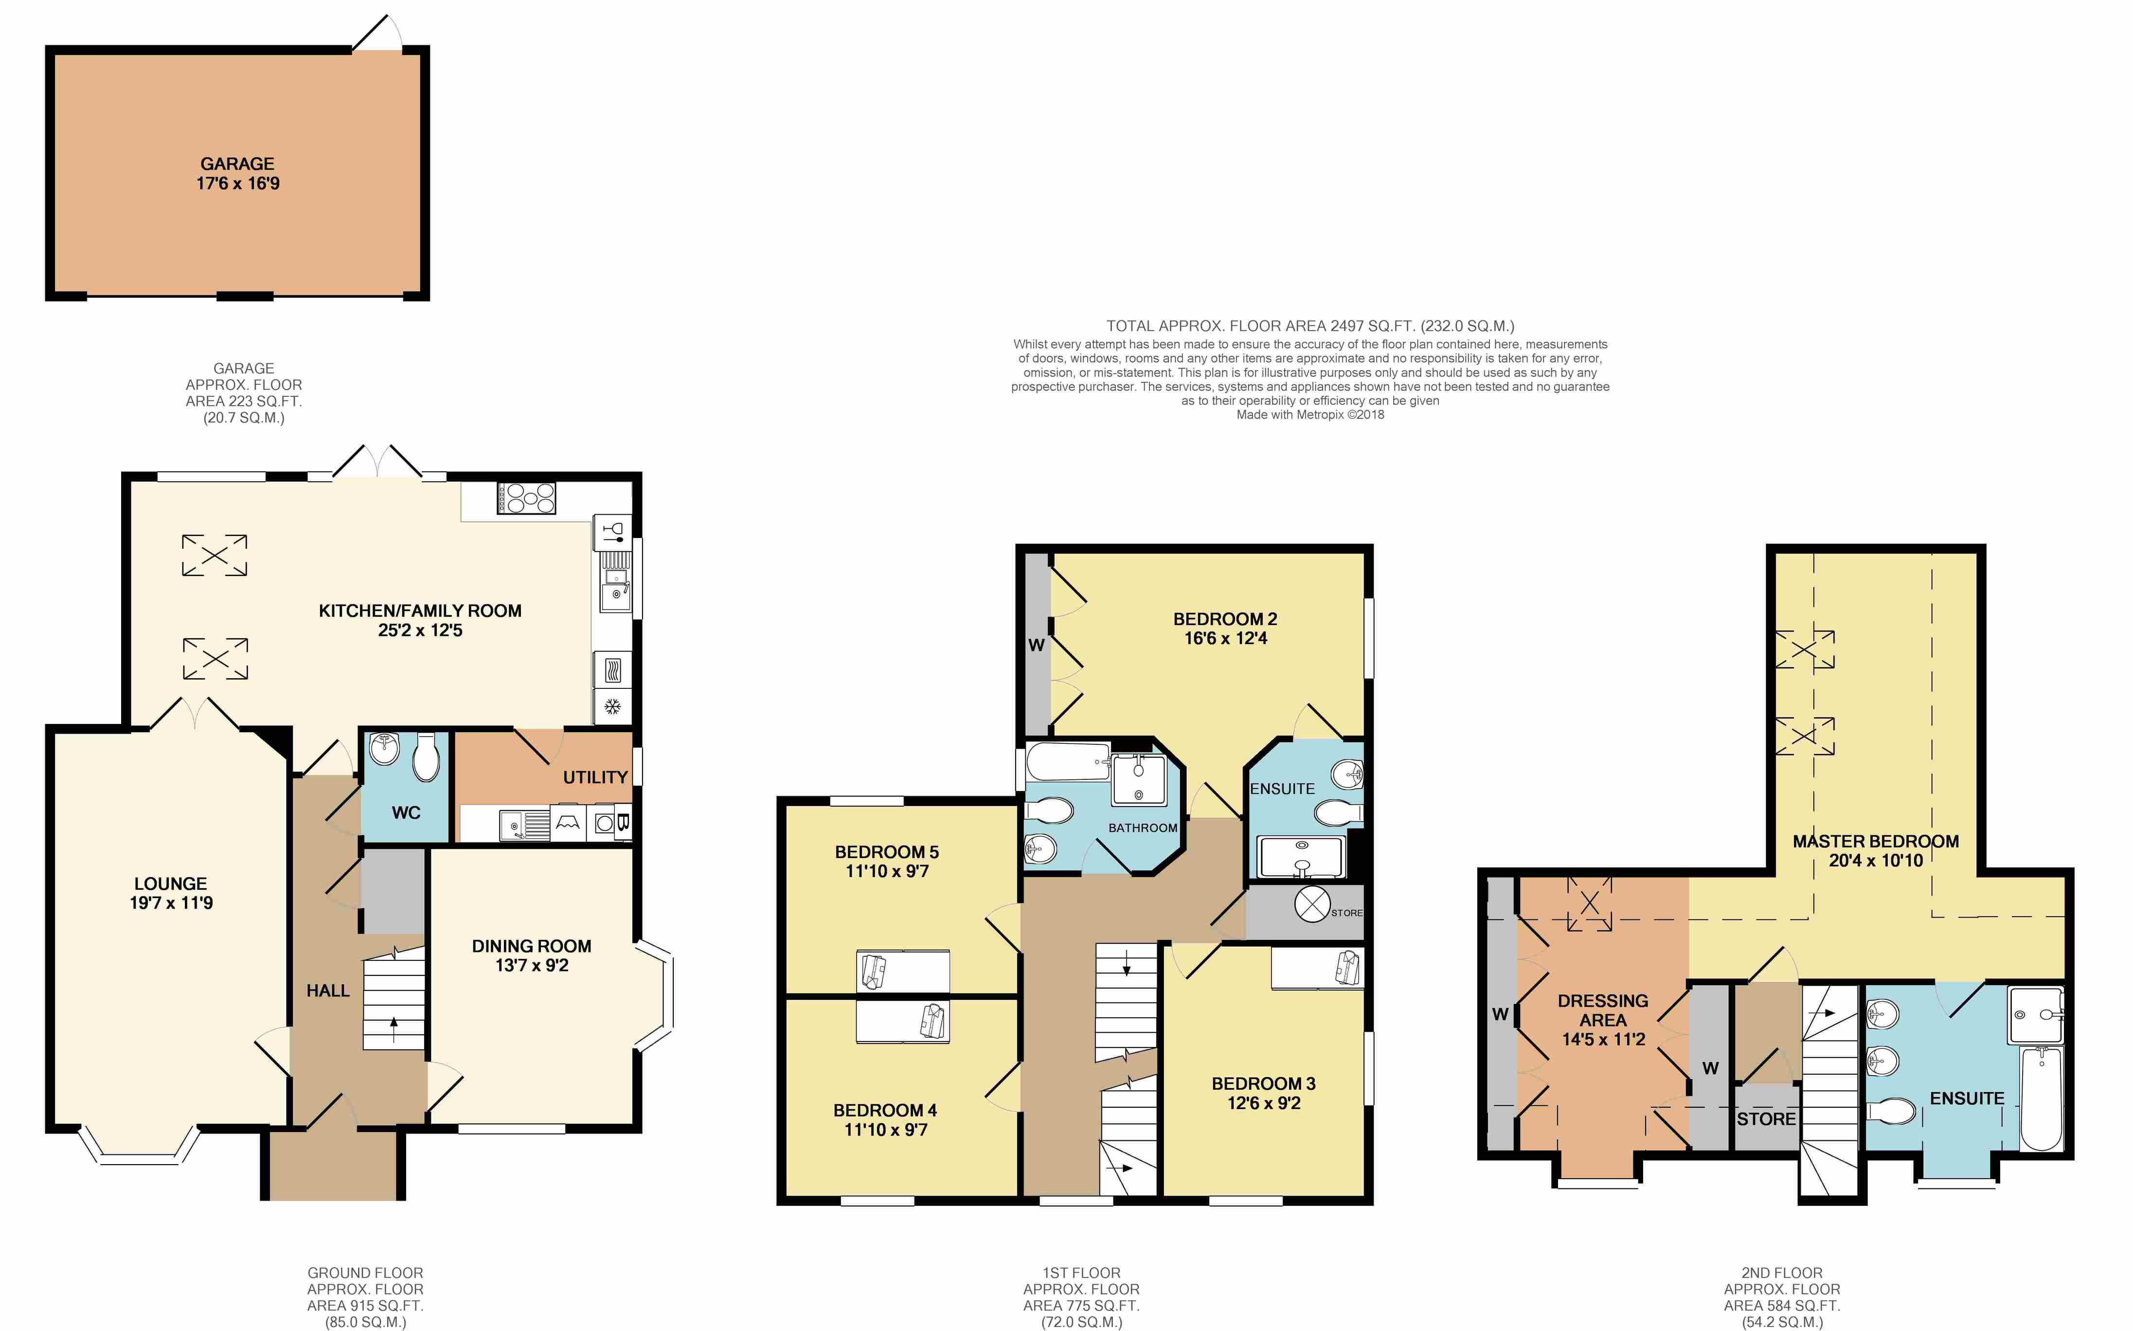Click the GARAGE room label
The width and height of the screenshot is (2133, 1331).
coord(237,164)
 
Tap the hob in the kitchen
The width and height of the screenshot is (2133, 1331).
coord(526,497)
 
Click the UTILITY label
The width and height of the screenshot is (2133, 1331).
coord(595,777)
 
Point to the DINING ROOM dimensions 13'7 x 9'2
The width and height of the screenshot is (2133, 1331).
coord(532,966)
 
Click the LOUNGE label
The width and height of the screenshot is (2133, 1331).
coord(171,884)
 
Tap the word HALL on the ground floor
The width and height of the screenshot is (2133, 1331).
coord(327,991)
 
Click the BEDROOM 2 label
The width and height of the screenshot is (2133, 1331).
coord(1225,619)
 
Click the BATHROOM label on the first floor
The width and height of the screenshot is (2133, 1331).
coord(1142,828)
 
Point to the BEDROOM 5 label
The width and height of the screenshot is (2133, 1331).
coord(886,852)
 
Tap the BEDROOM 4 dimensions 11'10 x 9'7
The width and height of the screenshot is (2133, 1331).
coord(885,1130)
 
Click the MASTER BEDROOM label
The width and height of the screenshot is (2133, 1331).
coord(1875,842)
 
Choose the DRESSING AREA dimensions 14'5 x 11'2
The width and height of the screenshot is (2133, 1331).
coord(1602,1040)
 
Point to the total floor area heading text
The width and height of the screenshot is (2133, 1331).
coord(1309,326)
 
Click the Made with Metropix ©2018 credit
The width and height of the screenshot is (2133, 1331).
coord(1309,414)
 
